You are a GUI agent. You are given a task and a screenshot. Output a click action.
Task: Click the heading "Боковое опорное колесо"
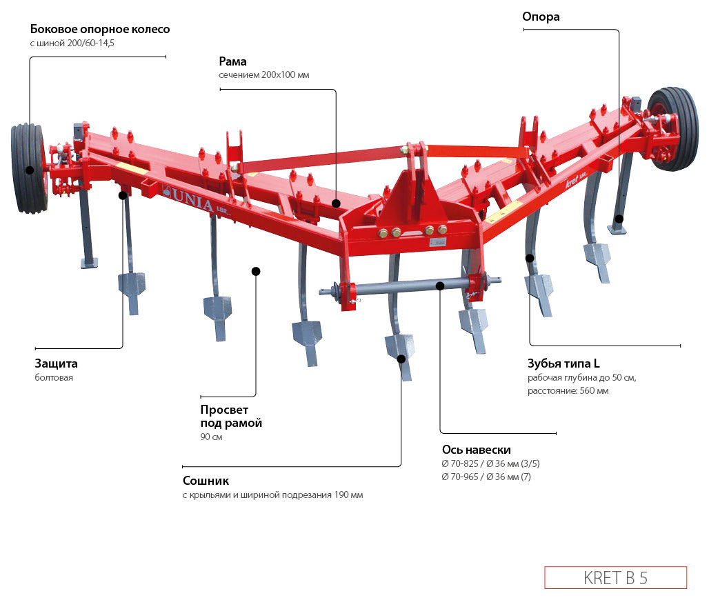point(100,30)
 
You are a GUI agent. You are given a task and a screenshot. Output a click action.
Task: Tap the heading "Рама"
point(233,61)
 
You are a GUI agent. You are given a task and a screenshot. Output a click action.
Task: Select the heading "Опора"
point(540,17)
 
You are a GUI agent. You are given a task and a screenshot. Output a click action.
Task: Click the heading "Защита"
point(56,363)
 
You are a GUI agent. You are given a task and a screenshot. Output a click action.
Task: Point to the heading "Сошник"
point(206,481)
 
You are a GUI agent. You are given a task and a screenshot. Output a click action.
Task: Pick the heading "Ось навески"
point(476,450)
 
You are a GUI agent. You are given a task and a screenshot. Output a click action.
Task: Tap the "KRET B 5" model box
point(615,577)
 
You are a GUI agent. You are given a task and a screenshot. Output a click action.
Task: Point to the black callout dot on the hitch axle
point(441,284)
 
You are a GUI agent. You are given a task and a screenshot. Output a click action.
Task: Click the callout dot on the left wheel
point(30,170)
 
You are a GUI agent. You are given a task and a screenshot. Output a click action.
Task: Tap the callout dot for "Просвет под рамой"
point(256,271)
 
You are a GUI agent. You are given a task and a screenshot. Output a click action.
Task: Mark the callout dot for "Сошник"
point(401,358)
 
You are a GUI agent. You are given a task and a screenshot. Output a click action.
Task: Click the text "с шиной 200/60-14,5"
point(72,43)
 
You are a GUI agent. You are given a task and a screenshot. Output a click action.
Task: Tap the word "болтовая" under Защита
point(54,377)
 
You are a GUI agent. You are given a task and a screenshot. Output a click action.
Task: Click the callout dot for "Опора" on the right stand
point(619,219)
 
